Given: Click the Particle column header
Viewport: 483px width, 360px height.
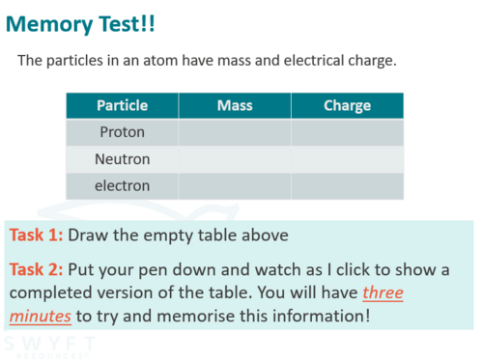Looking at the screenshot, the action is [x=123, y=105].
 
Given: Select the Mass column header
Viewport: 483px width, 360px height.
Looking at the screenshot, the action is [x=235, y=105].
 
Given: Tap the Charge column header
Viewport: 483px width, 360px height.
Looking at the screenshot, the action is [x=348, y=106].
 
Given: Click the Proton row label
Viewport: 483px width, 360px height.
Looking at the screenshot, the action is [x=123, y=132].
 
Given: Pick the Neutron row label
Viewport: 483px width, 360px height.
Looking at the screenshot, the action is [x=123, y=159].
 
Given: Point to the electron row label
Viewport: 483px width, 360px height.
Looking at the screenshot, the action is [x=123, y=186].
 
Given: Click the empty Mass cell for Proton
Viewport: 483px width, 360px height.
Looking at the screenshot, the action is [x=235, y=132].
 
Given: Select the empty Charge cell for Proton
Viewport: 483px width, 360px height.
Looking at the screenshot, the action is [x=348, y=132].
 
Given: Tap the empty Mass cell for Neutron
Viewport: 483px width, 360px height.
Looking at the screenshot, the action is [x=235, y=159].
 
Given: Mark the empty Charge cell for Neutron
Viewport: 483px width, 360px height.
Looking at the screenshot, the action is [x=348, y=159].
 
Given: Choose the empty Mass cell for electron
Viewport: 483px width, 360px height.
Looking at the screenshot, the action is [x=235, y=186].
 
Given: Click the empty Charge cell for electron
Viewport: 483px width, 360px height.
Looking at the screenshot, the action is [x=348, y=186].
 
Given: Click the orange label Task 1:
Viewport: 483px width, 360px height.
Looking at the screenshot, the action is [x=36, y=235].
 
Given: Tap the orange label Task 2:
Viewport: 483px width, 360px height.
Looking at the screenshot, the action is [x=36, y=269].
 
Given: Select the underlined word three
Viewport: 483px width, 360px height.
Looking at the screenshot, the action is [x=383, y=292].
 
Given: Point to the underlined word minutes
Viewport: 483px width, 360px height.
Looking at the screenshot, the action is [x=41, y=316].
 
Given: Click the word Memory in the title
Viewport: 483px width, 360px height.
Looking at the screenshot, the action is [x=49, y=25].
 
